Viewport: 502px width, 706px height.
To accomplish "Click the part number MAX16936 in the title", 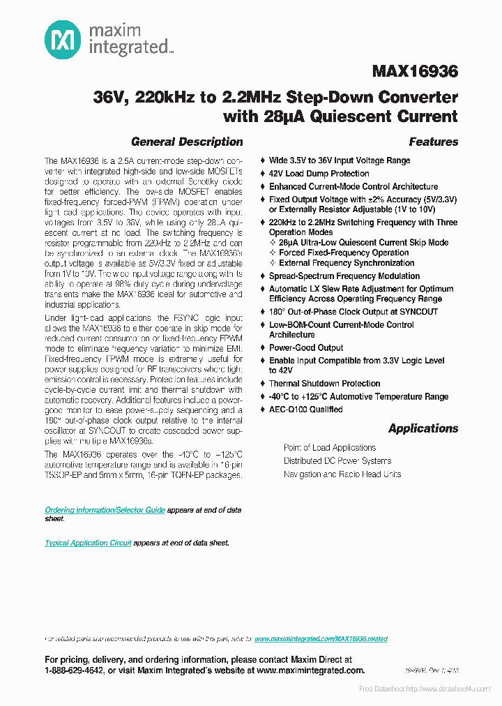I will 415,71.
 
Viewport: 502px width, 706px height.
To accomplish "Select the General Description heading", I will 187,142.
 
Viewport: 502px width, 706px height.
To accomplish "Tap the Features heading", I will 433,142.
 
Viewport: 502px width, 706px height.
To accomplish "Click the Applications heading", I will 423,428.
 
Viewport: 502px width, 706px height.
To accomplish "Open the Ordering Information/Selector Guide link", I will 105,510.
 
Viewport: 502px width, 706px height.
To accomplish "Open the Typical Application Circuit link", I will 88,543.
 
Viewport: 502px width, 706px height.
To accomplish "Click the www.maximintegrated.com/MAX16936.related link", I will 321,638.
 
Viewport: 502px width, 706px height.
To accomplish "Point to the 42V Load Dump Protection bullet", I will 319,173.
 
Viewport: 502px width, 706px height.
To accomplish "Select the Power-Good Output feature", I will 306,347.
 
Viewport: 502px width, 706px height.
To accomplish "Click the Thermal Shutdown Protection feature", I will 324,383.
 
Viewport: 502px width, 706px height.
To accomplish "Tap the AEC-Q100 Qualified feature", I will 305,410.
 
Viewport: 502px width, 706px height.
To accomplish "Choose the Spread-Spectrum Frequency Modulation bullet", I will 344,276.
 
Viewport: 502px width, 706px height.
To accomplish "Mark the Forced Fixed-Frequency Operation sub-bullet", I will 344,253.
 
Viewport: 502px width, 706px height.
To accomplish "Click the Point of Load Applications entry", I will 330,447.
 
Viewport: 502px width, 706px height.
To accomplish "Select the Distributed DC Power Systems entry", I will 337,460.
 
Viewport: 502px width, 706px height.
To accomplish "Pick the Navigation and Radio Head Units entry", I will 342,474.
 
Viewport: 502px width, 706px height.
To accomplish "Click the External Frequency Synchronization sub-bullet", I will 347,263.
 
